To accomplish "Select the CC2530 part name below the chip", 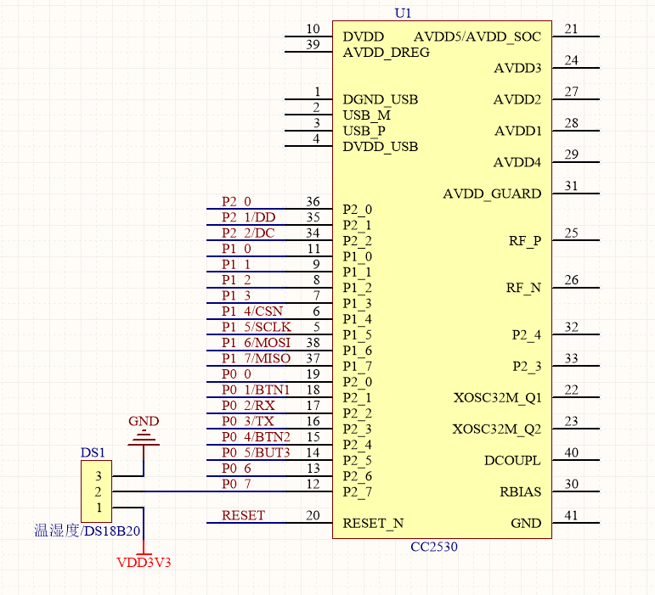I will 433,547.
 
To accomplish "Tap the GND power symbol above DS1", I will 143,437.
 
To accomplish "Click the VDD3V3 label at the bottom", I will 144,562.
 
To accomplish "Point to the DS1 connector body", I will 97,491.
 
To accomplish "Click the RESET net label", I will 243,515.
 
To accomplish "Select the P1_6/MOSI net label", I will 256,342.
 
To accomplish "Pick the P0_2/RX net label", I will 242,406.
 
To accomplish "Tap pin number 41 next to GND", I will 571,515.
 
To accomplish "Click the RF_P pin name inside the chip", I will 525,241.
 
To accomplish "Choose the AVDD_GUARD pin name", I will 492,194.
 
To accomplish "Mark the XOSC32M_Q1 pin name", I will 497,397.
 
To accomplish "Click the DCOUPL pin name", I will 512,461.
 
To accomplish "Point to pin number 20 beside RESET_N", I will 313,515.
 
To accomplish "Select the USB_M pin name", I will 367,115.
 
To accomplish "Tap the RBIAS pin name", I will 520,492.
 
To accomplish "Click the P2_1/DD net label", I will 248,217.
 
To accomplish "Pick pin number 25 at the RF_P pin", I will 571,233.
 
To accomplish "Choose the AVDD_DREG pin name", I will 387,53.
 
